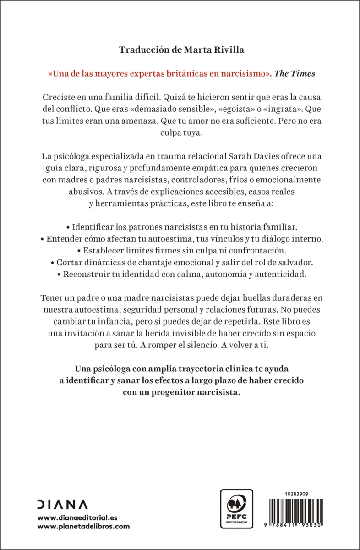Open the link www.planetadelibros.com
click(83, 527)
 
